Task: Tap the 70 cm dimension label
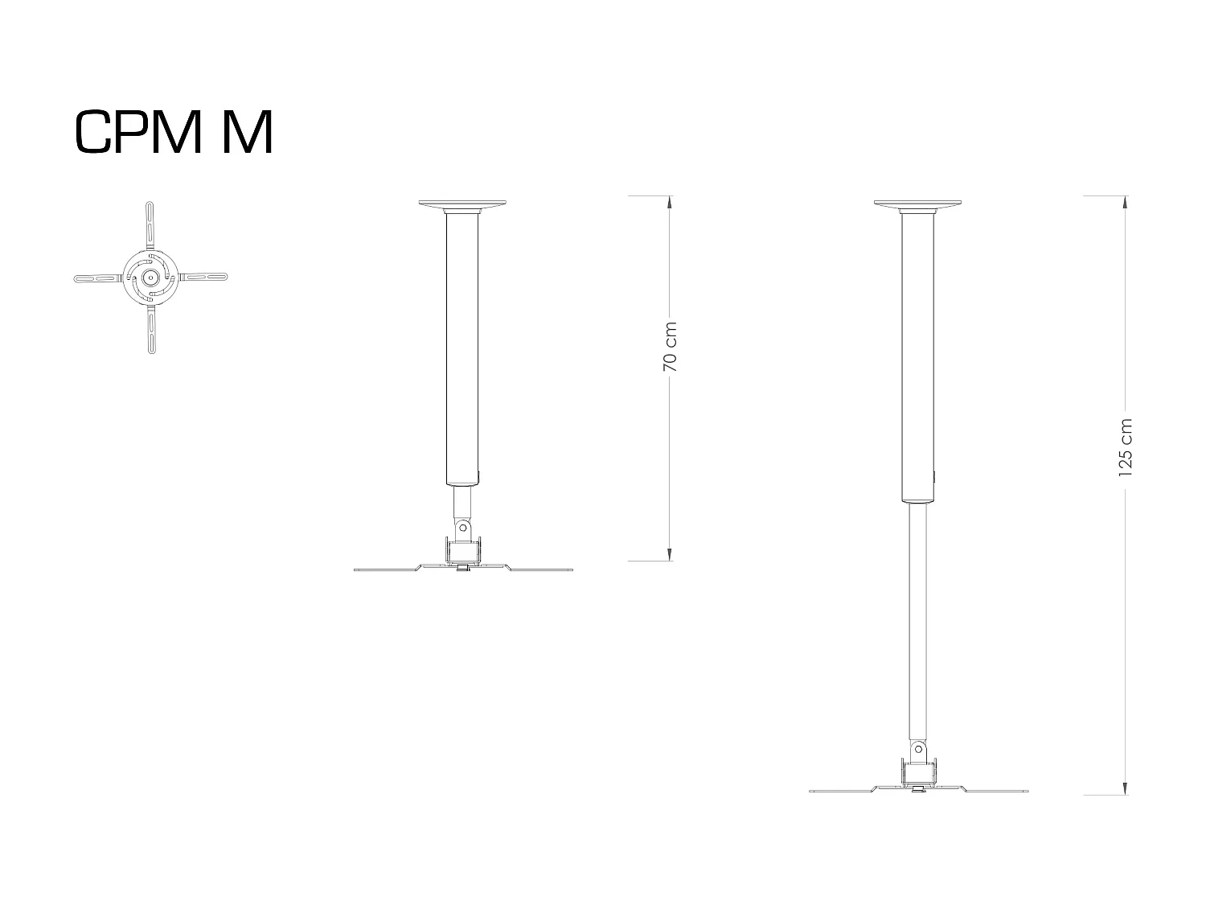670,347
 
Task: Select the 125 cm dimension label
1125,447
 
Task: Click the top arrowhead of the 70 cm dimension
669,202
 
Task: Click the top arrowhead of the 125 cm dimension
1124,202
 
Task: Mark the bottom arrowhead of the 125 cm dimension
1124,788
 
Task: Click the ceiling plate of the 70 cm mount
464,204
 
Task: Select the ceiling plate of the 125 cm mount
919,204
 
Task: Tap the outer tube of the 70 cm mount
463,346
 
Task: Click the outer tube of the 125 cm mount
918,354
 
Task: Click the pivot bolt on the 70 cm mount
462,528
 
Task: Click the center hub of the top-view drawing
150,277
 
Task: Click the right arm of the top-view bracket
204,278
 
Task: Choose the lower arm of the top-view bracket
151,330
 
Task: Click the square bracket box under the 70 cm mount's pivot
463,552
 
